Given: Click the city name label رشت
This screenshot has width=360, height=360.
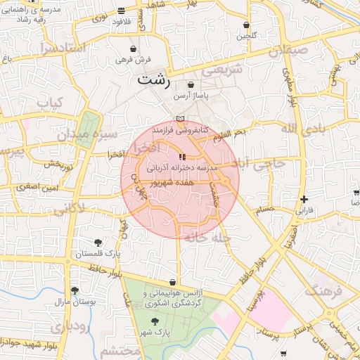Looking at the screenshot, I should coord(154,79).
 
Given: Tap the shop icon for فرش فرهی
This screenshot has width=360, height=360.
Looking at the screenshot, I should coord(134,49).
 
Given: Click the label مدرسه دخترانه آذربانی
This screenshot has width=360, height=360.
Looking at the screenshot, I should coord(183,169).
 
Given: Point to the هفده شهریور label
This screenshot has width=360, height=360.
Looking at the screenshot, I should coord(183,181).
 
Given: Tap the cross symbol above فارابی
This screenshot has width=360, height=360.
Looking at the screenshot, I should coord(303,199).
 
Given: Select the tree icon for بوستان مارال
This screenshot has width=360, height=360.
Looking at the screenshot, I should coord(75,290).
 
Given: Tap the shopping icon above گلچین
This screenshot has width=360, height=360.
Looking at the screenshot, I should coord(246,25).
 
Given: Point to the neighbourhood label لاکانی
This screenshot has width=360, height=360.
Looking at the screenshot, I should coord(68,207).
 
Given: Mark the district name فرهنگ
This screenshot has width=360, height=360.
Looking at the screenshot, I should coord(323,290).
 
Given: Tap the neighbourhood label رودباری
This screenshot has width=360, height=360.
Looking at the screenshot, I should coord(68,326).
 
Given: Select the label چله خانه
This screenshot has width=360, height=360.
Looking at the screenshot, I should coord(208,238).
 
